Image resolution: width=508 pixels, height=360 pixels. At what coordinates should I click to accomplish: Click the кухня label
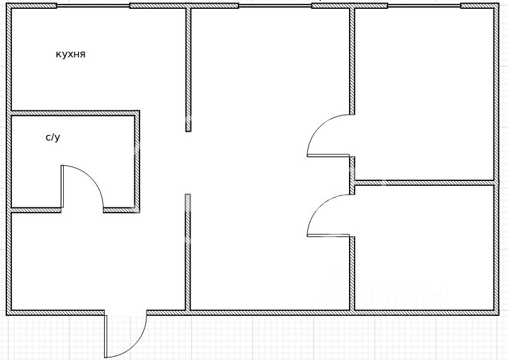tap(70, 55)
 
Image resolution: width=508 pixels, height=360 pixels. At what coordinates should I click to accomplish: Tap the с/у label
tap(53, 137)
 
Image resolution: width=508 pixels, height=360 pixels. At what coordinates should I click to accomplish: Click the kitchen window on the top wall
tap(93, 6)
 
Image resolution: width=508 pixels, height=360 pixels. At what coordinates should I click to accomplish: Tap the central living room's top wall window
tap(275, 6)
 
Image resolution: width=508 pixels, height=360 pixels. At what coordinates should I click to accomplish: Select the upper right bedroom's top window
tap(424, 6)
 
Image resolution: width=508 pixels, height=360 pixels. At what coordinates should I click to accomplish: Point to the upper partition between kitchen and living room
tap(188, 69)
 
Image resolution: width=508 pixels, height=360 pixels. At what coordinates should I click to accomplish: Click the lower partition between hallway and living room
tap(188, 252)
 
